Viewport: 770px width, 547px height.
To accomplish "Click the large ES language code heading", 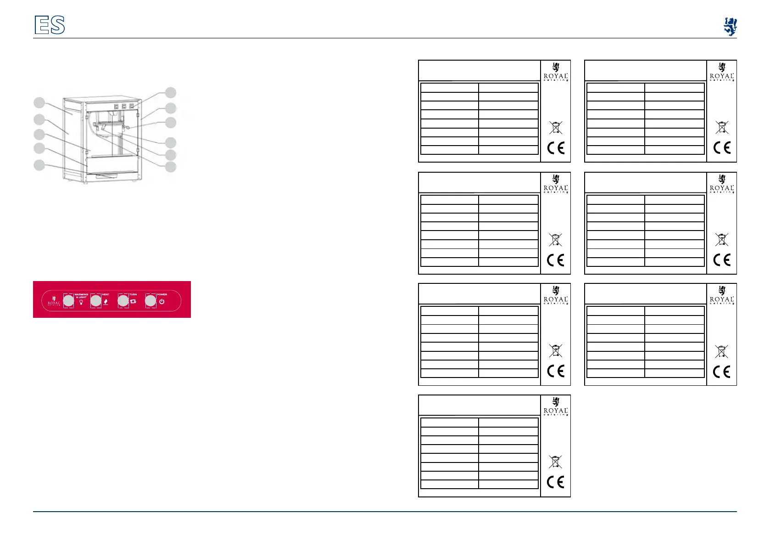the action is [x=50, y=25].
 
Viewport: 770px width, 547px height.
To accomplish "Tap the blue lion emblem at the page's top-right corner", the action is [x=730, y=27].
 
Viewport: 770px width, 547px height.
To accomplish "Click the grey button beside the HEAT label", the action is [x=95, y=301].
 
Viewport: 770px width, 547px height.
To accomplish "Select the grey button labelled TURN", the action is [x=123, y=301].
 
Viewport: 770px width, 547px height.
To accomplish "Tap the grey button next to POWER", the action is [x=151, y=301].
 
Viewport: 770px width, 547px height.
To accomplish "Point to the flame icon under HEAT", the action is [x=106, y=302].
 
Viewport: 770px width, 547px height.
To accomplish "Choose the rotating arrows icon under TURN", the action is [x=134, y=302].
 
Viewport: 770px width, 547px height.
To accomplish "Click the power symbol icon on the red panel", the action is [x=162, y=302].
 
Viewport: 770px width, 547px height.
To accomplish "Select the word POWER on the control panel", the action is [x=162, y=294].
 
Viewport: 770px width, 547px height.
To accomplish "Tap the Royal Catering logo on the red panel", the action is [x=54, y=301].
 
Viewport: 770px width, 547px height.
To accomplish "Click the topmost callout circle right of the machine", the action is [x=171, y=92].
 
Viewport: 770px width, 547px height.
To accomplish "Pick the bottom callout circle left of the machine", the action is [x=39, y=165].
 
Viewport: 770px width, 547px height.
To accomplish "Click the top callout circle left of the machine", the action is [x=39, y=102].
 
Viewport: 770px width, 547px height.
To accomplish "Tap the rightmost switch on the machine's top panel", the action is [x=132, y=106].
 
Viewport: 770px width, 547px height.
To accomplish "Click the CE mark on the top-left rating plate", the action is [x=556, y=148].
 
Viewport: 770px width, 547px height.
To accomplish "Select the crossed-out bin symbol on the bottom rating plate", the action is [x=555, y=462].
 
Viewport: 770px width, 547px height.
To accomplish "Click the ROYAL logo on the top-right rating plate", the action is [x=722, y=73].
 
